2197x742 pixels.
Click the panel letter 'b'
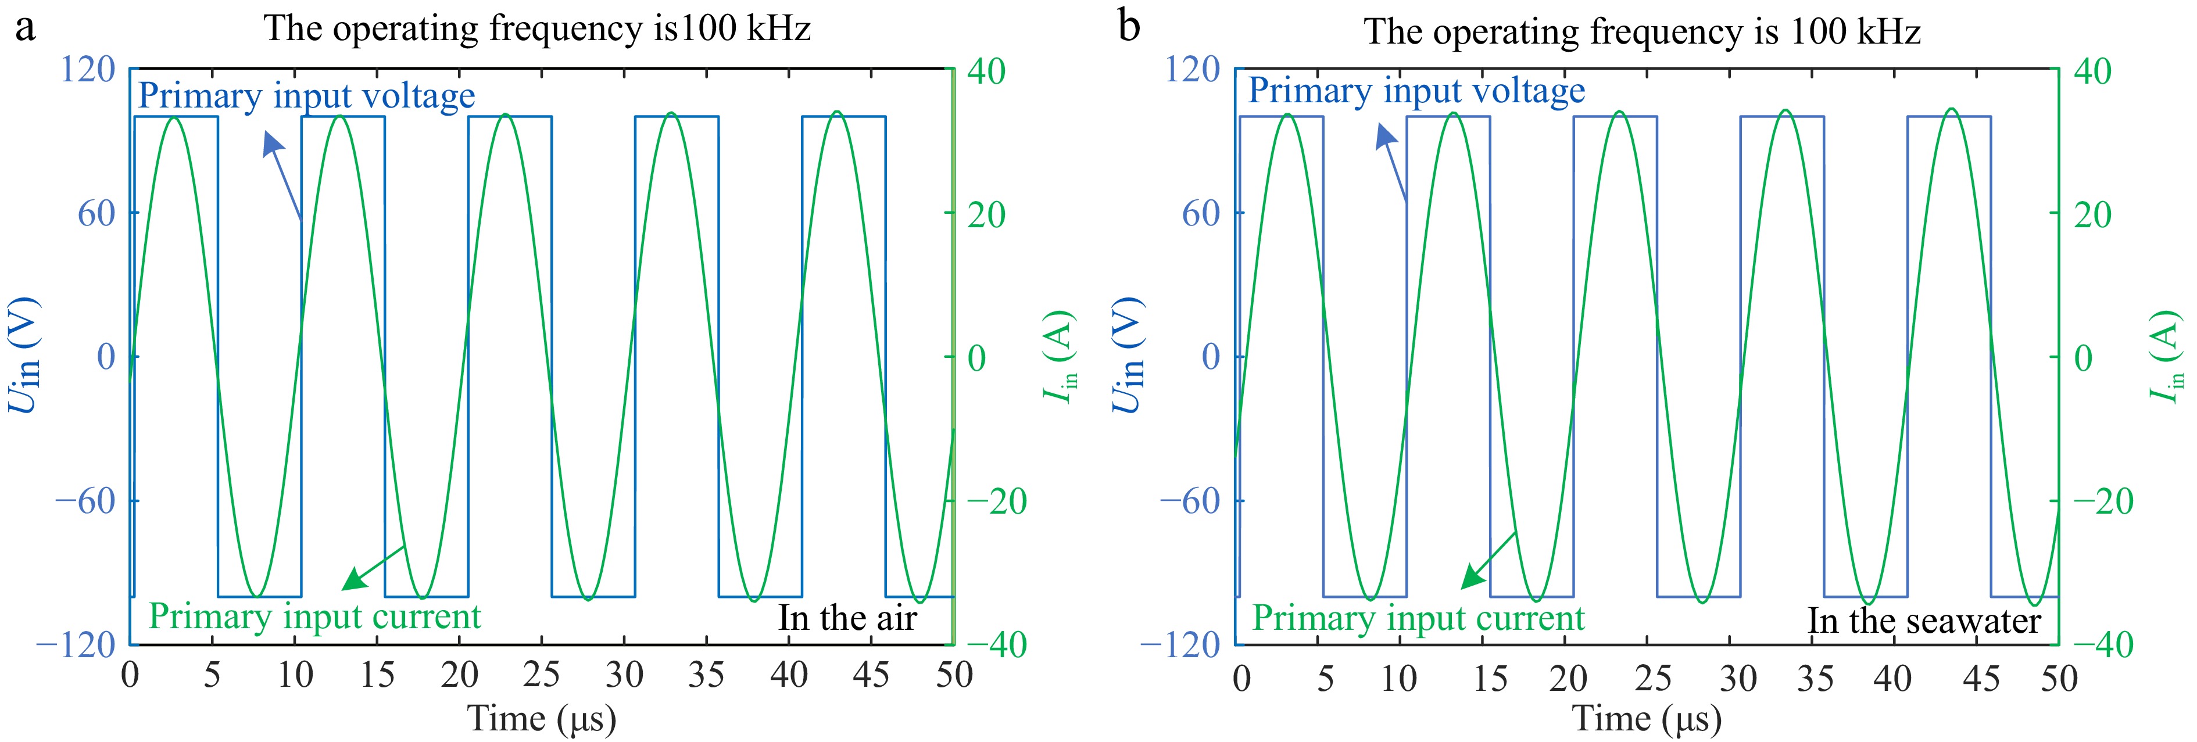point(1128,27)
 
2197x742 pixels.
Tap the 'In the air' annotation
point(847,618)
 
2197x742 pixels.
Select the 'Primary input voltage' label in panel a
point(306,95)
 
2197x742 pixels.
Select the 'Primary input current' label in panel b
point(1418,618)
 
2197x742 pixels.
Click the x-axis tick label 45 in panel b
point(1980,679)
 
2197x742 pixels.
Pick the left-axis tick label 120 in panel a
point(87,70)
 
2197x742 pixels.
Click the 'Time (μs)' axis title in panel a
point(542,718)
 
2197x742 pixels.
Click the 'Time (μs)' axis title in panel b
point(1646,718)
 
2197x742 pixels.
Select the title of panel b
point(1642,33)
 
